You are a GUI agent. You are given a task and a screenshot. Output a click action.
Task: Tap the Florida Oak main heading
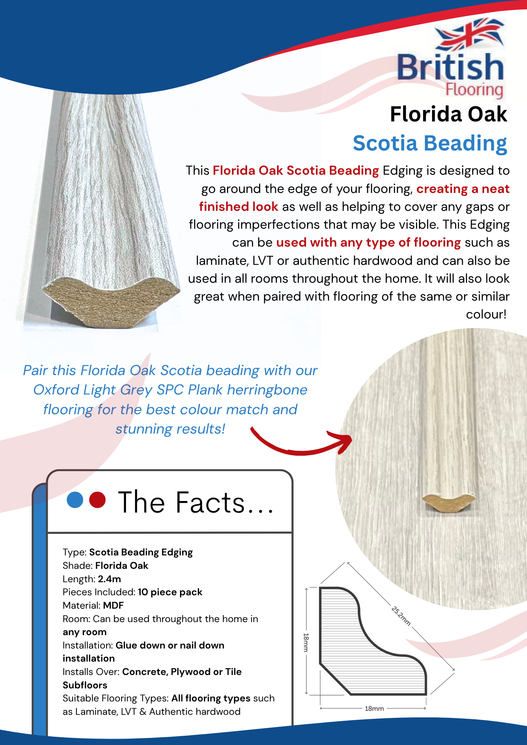click(448, 114)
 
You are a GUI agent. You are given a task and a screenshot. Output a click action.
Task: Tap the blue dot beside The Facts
click(75, 500)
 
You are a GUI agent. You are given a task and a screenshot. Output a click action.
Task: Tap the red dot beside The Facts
click(98, 500)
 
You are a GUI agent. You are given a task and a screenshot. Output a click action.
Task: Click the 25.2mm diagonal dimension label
click(401, 616)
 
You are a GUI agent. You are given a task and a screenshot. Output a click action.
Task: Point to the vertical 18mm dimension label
click(306, 642)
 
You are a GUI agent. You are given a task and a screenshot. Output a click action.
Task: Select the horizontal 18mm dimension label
click(374, 708)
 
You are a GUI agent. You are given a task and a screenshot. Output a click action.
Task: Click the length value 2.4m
click(109, 579)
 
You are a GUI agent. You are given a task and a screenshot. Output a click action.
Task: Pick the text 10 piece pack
click(170, 592)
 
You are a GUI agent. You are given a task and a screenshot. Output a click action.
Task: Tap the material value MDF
click(113, 605)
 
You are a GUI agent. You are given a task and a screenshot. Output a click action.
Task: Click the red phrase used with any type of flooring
click(368, 242)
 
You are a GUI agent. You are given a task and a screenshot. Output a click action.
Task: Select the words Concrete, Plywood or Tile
click(182, 672)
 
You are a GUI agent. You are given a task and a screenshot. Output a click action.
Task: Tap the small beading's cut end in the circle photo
click(449, 503)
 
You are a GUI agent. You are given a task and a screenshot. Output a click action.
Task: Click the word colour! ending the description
click(486, 314)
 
